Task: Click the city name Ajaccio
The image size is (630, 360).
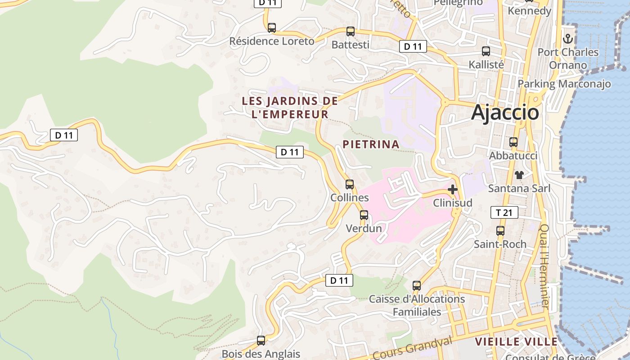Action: [x=505, y=112]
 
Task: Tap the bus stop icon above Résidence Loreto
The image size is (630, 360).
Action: [x=271, y=27]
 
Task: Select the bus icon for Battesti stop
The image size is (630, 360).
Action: [x=350, y=31]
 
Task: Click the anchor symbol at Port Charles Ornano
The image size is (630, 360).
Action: [x=568, y=38]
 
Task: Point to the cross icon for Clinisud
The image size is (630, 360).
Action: [x=453, y=189]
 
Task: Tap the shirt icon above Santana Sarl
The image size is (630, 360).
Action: [x=519, y=175]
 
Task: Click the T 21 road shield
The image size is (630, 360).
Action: [x=504, y=212]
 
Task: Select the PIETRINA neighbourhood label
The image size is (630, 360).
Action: [x=371, y=144]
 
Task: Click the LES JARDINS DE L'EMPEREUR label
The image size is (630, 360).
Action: [x=290, y=108]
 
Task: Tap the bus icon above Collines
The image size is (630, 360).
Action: [x=349, y=184]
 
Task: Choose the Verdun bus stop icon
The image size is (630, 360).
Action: [x=364, y=215]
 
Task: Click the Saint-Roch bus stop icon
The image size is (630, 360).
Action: [x=500, y=231]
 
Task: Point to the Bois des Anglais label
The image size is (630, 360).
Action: [x=261, y=354]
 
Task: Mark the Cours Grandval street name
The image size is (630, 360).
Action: [x=413, y=348]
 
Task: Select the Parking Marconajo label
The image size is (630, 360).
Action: [x=564, y=84]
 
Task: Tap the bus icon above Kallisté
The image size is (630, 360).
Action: [x=486, y=51]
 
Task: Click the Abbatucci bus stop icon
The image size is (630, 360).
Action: [x=513, y=142]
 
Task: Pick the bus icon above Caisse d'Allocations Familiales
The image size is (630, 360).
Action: [x=416, y=285]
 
